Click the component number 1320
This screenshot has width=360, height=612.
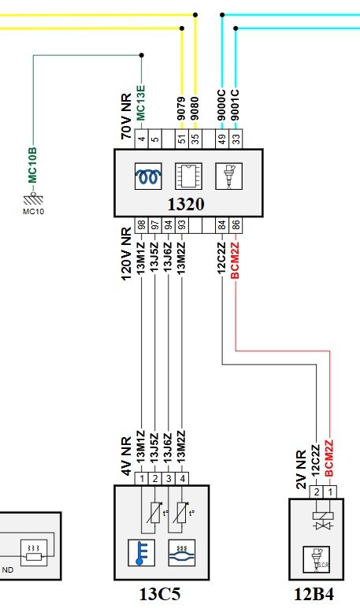186,204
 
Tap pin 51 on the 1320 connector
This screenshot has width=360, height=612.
182,139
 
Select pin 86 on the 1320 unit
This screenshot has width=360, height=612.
236,225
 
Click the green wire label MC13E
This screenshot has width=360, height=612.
140,103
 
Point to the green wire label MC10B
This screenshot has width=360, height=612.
32,165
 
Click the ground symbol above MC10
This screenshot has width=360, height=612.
33,199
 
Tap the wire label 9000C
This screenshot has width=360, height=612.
222,106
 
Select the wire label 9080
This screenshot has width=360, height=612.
195,109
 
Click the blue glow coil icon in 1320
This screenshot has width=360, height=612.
148,176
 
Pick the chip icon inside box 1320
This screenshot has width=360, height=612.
188,176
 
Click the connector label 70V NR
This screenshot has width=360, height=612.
127,117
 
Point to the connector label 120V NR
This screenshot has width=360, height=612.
127,254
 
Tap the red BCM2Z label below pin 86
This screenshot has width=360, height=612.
235,261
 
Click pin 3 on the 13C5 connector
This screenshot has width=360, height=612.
169,479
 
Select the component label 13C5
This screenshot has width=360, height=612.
160,595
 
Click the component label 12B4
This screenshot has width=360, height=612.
314,595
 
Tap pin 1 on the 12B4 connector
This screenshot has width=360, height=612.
330,492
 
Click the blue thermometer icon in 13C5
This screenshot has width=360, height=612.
141,553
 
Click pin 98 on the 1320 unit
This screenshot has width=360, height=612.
141,225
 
